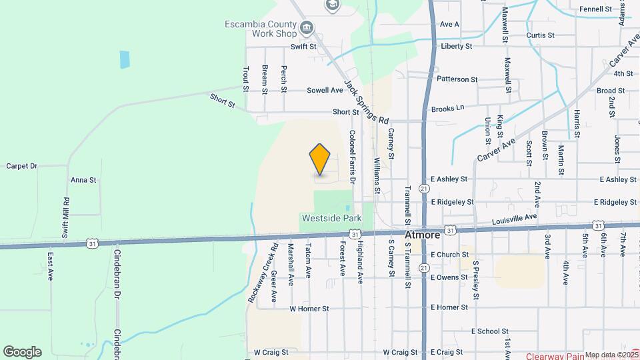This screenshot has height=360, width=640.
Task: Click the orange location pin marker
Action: pyautogui.click(x=320, y=159)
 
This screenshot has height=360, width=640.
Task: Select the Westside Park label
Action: pyautogui.click(x=331, y=218)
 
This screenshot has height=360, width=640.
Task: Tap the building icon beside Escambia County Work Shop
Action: pyautogui.click(x=307, y=27)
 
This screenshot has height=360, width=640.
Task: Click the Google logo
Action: pyautogui.click(x=22, y=351)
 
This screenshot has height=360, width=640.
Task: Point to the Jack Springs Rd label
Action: pyautogui.click(x=366, y=102)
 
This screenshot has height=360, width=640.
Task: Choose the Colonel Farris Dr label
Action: pyautogui.click(x=353, y=157)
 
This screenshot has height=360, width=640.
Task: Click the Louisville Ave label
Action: pyautogui.click(x=514, y=218)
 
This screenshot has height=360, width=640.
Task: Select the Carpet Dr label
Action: pyautogui.click(x=21, y=165)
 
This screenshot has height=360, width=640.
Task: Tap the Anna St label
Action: pyautogui.click(x=83, y=180)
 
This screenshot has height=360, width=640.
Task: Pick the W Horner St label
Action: pyautogui.click(x=309, y=309)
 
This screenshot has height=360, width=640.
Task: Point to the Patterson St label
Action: pyautogui.click(x=457, y=79)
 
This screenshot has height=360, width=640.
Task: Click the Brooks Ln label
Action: pyautogui.click(x=447, y=108)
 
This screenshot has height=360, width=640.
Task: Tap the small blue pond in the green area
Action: pyautogui.click(x=125, y=60)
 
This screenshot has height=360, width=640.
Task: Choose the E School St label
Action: pyautogui.click(x=490, y=331)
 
